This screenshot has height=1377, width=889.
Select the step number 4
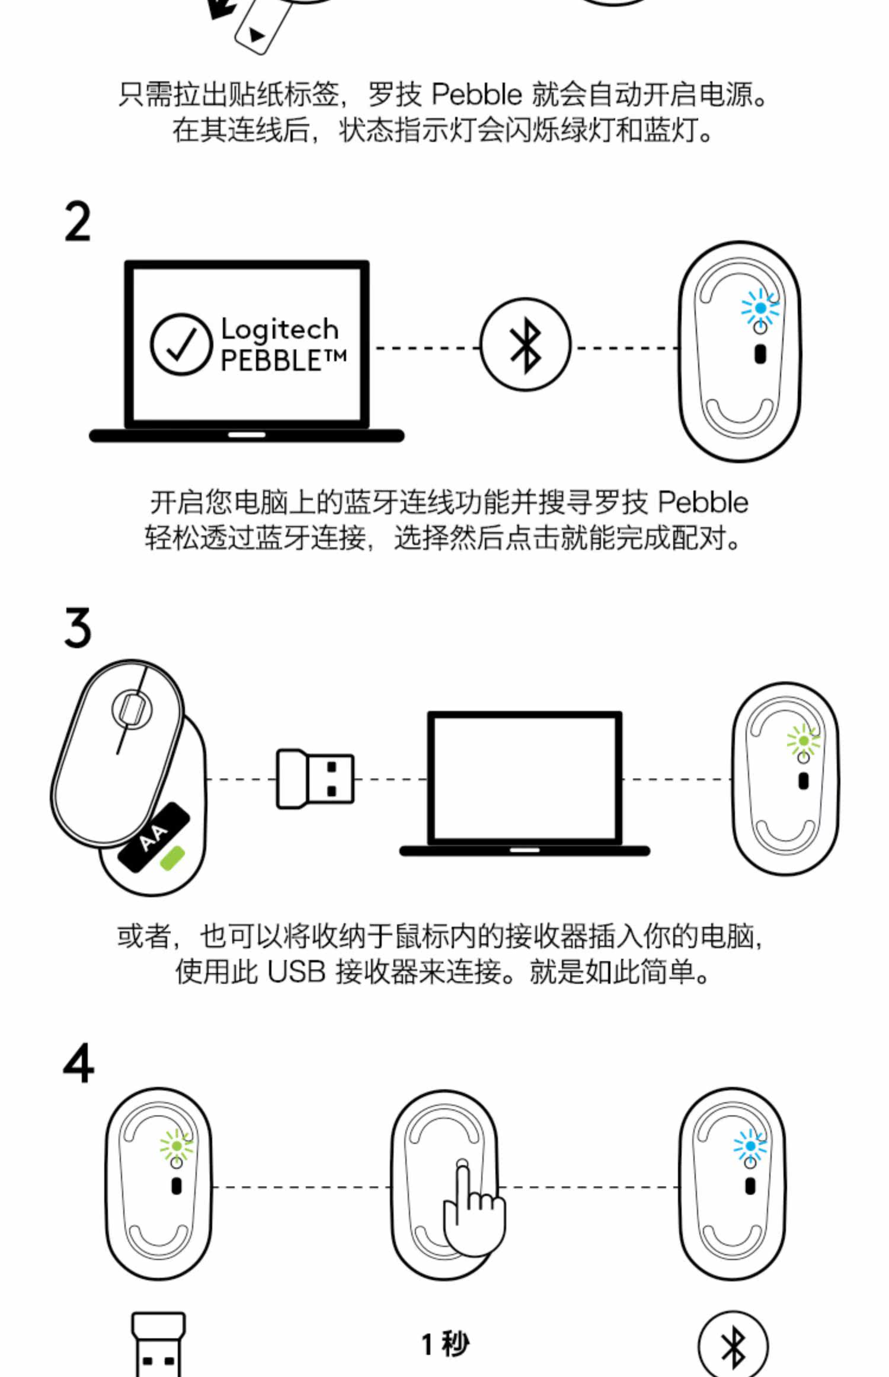78,1063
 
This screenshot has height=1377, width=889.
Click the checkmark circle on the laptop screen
181,345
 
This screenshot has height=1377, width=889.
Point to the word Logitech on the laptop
279,329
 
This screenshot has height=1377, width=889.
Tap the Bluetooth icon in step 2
525,345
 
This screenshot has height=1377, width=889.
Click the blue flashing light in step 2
760,308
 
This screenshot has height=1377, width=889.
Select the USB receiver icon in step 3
315,779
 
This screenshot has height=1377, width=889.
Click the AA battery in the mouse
154,837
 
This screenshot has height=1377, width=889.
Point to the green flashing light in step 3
803,741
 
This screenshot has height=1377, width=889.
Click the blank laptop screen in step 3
525,778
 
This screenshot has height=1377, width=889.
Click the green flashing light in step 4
176,1146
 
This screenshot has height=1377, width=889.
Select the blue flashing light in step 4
750,1146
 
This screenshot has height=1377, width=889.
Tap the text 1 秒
445,1344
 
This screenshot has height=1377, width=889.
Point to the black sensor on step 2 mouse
760,354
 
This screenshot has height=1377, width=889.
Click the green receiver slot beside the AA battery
172,858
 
